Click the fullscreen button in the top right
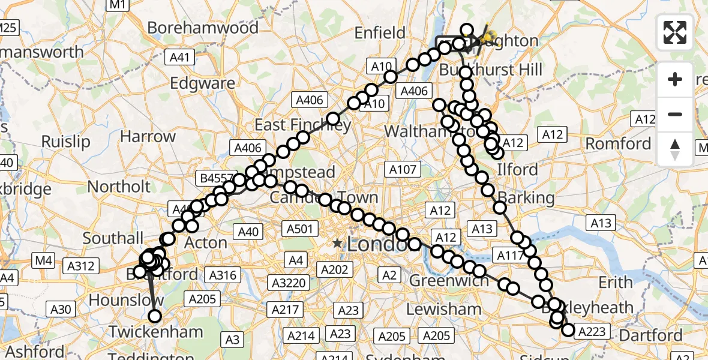click(675, 32)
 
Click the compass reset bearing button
click(675, 149)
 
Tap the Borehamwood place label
click(203, 28)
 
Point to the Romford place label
click(618, 144)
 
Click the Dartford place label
click(650, 335)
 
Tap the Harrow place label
click(148, 136)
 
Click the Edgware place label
click(202, 83)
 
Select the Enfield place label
click(380, 32)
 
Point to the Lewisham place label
click(443, 310)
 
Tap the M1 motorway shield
click(116, 5)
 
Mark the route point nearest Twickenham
click(155, 316)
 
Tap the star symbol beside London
click(338, 244)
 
